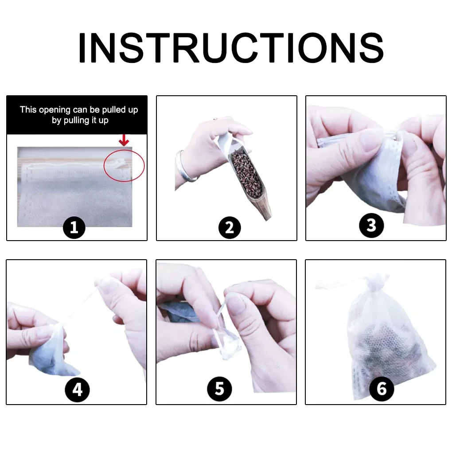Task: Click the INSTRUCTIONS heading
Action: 230,48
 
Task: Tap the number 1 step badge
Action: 74,228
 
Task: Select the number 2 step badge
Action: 230,228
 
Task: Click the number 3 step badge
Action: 371,226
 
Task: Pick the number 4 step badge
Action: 77,390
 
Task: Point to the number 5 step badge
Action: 219,389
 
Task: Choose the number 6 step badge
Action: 381,389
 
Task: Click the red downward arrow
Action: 124,141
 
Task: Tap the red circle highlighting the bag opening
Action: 124,165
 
